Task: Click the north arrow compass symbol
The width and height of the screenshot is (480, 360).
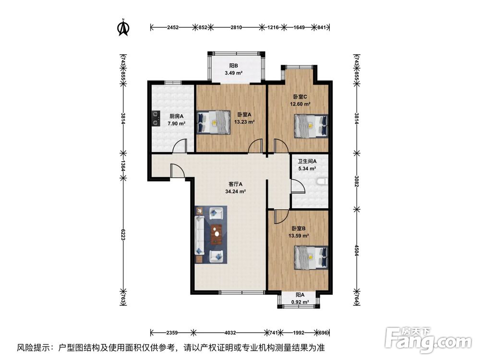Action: (123, 28)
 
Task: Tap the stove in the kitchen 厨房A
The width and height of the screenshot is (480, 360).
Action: (155, 119)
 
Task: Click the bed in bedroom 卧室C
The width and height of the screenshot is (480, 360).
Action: (311, 126)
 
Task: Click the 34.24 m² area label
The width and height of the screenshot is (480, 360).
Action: (235, 191)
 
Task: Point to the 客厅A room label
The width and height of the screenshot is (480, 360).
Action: (235, 184)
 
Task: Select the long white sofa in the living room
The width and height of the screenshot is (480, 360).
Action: (199, 235)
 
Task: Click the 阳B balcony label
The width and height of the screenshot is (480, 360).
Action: (234, 66)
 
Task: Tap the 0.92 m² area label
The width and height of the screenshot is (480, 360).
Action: (300, 302)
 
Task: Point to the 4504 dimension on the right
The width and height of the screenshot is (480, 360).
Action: (356, 251)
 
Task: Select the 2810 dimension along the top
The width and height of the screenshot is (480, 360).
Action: (235, 27)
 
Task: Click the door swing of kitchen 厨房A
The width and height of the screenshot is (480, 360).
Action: (180, 145)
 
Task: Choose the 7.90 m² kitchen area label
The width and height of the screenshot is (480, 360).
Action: (176, 123)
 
